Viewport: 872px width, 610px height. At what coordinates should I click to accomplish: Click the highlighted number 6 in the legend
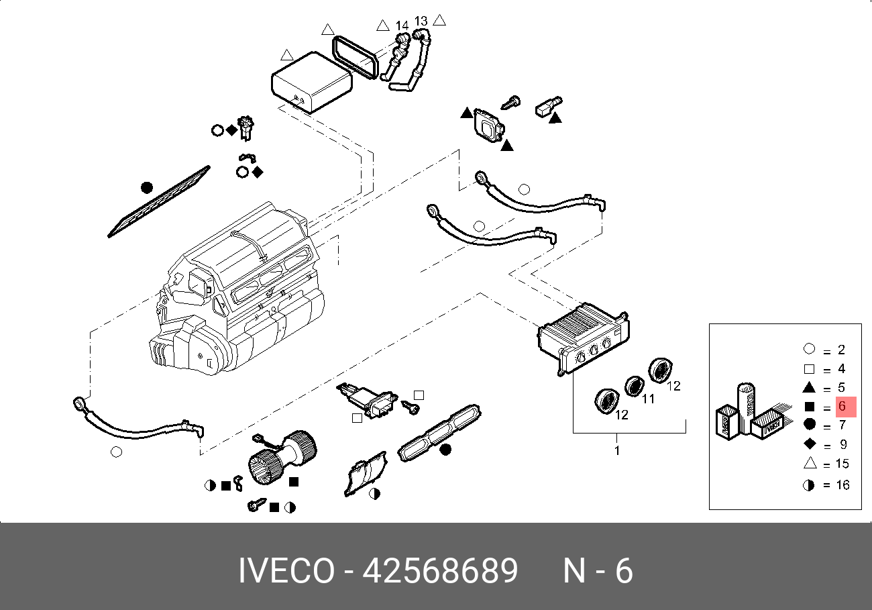point(842,406)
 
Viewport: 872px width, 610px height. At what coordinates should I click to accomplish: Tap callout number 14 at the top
point(402,26)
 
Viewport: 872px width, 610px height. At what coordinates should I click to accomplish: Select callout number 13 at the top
point(421,21)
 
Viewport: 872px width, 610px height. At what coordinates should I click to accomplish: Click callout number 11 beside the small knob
point(648,399)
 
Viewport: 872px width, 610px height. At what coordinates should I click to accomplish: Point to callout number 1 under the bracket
point(617,451)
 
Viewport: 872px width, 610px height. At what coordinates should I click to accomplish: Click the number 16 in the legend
point(842,485)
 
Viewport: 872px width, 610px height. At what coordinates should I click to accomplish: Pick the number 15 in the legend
point(842,464)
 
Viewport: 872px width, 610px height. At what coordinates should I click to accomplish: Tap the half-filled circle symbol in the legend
point(808,485)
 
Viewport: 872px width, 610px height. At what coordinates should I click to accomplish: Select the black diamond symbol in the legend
point(810,444)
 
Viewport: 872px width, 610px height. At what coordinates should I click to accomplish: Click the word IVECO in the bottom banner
point(286,570)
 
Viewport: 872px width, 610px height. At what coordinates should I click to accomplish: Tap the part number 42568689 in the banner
point(440,570)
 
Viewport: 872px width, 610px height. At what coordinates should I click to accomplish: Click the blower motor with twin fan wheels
point(282,456)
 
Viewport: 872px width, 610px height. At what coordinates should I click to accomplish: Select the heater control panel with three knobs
point(584,338)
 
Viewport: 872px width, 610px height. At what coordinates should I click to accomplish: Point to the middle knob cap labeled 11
point(635,386)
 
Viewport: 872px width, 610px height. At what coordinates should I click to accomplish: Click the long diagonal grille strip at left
point(159,201)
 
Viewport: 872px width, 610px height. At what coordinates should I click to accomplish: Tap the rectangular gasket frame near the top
point(355,57)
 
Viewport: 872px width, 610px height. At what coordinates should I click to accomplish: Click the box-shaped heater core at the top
point(312,82)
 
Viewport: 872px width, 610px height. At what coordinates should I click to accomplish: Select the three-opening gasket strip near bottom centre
point(439,433)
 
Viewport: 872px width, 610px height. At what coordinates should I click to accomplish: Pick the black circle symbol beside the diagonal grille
point(147,188)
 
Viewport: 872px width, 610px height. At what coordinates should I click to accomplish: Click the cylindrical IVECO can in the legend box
point(745,408)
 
